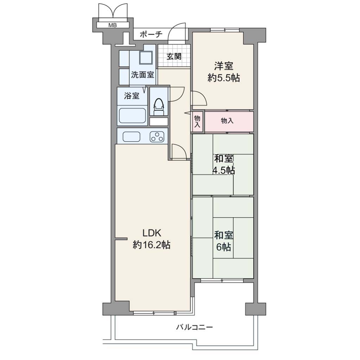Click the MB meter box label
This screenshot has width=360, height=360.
coord(112,25)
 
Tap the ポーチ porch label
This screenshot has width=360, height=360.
coord(151,34)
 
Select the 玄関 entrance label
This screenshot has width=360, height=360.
coord(174,56)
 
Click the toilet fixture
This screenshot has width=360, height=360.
coord(159,107)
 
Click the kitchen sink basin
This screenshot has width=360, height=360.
coord(131,137)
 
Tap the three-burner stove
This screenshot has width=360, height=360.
coord(157,137)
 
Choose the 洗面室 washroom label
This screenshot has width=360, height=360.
coord(142,75)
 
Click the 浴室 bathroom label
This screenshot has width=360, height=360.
coord(131,96)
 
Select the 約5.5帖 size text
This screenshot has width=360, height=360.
coord(224,78)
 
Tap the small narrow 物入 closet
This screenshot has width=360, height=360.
coord(198,121)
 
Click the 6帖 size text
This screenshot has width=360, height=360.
coord(224,247)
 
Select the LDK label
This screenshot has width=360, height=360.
coord(152,233)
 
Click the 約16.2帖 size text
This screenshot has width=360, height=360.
coord(152,245)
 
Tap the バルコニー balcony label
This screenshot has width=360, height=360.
coord(194,327)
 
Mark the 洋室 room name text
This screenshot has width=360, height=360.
coord(224,66)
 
